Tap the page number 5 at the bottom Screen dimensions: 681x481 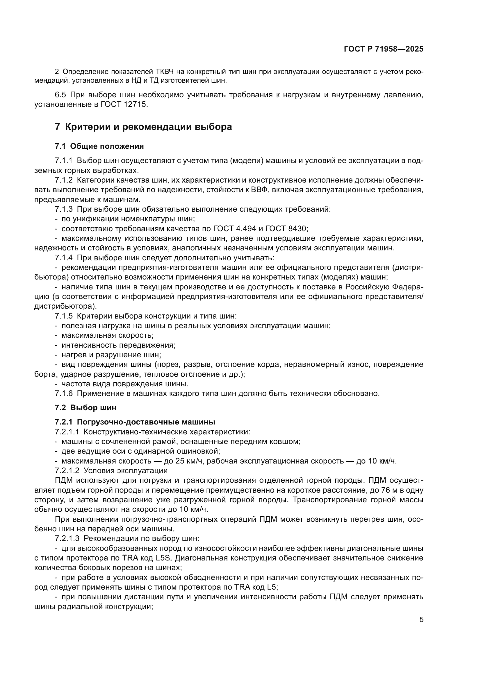pos(421,620)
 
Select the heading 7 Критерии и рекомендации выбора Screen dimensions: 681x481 pos(143,127)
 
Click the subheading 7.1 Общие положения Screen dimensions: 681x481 pos(99,146)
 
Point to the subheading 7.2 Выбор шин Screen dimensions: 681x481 pos(85,408)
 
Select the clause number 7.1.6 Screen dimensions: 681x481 pos(63,394)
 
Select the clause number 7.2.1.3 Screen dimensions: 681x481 pos(67,538)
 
